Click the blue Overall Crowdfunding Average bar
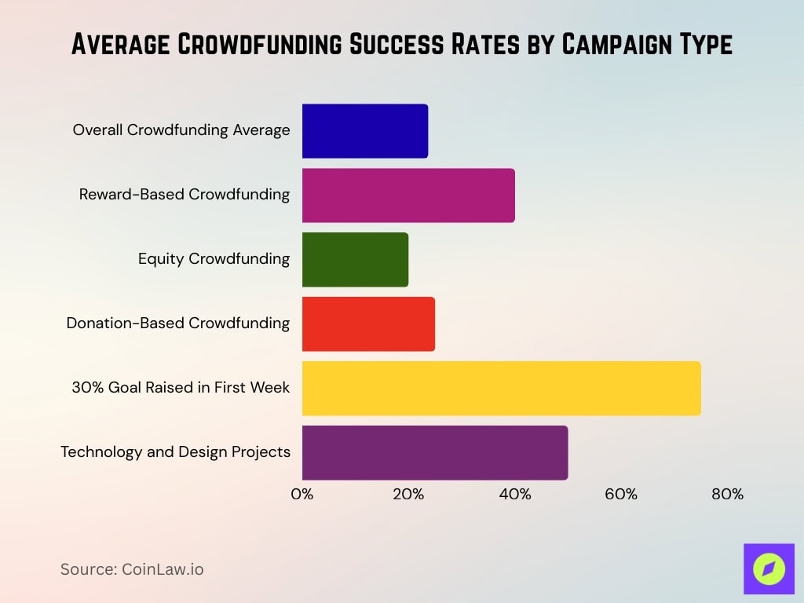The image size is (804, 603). pyautogui.click(x=364, y=131)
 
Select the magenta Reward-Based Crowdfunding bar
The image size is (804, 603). pyautogui.click(x=407, y=196)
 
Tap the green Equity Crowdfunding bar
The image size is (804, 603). pyautogui.click(x=355, y=260)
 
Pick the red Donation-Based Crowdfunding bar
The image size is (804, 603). pyautogui.click(x=367, y=324)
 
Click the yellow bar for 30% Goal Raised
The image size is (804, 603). pyautogui.click(x=500, y=389)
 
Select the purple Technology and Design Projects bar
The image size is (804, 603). pyautogui.click(x=434, y=453)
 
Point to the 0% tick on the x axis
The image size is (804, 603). pyautogui.click(x=302, y=495)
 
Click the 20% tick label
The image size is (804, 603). pyautogui.click(x=408, y=495)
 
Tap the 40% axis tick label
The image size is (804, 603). pyautogui.click(x=515, y=495)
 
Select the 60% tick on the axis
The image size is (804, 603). pyautogui.click(x=621, y=495)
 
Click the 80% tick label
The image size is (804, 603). pyautogui.click(x=727, y=495)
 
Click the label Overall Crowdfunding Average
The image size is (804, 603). pyautogui.click(x=181, y=130)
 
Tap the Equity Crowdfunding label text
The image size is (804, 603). pyautogui.click(x=214, y=259)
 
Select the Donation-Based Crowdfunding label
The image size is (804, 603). pyautogui.click(x=178, y=323)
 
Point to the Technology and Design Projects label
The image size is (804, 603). pyautogui.click(x=175, y=452)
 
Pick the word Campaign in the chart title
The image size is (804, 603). pyautogui.click(x=617, y=45)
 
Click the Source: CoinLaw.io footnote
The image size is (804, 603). pyautogui.click(x=132, y=569)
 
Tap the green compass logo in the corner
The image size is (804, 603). pyautogui.click(x=769, y=568)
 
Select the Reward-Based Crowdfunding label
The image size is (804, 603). pyautogui.click(x=185, y=195)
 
